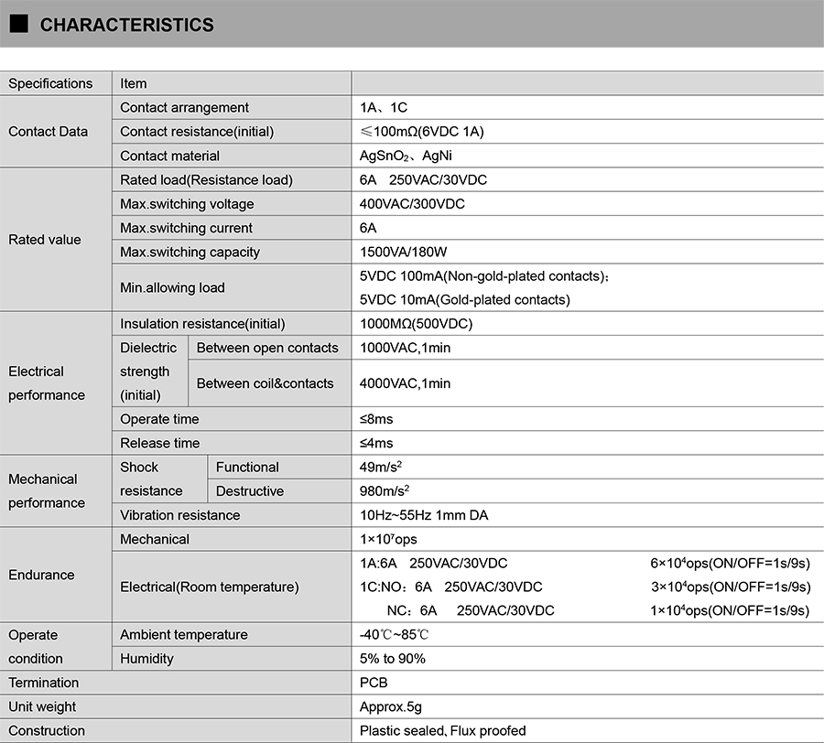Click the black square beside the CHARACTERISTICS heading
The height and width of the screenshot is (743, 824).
18,24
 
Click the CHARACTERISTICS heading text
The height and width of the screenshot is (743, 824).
126,25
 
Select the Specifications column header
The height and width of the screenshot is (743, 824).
50,83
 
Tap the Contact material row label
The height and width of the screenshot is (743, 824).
170,156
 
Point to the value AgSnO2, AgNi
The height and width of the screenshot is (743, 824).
406,156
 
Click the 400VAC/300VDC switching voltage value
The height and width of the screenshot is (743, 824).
412,204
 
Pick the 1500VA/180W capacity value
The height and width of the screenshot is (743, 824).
403,252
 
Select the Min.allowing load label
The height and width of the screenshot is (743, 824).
172,287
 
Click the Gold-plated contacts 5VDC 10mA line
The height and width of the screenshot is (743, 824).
464,299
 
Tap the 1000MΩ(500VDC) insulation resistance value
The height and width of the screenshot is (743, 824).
416,324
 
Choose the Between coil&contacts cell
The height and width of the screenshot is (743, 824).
265,383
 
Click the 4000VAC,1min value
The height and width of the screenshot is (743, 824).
405,383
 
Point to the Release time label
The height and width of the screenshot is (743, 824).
159,443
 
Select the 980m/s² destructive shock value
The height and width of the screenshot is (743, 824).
385,491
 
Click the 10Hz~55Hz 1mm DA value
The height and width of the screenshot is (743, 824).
424,515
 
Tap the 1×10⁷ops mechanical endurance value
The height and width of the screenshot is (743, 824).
388,539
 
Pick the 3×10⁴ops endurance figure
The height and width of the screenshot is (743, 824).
730,587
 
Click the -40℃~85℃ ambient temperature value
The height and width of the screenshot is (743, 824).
395,635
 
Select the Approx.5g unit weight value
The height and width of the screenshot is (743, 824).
391,706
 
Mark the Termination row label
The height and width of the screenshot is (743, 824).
44,683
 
